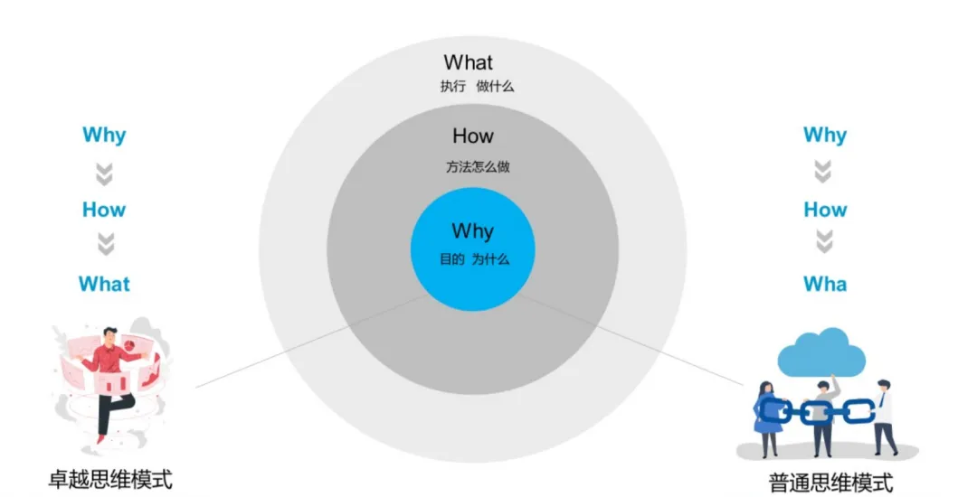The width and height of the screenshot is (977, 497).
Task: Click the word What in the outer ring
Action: click(x=469, y=62)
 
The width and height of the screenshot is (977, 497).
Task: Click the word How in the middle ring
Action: click(x=473, y=136)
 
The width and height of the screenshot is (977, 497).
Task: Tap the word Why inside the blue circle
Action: click(x=473, y=230)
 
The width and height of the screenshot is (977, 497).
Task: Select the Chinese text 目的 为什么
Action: click(x=474, y=259)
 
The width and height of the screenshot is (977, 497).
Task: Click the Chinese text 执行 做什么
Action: click(x=477, y=87)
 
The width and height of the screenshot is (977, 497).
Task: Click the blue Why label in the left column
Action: click(x=104, y=136)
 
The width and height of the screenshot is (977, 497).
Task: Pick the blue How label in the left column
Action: click(x=104, y=210)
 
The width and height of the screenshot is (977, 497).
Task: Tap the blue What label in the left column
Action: click(x=104, y=284)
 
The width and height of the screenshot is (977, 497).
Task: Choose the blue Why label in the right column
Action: click(x=825, y=136)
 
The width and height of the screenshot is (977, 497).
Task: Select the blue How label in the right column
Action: click(x=825, y=210)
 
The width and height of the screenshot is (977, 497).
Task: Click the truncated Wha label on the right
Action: click(x=825, y=284)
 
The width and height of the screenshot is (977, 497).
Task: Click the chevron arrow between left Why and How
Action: click(x=105, y=173)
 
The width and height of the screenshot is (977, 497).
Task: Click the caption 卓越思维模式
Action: click(x=110, y=477)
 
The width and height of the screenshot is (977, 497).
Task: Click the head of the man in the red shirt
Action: click(x=110, y=334)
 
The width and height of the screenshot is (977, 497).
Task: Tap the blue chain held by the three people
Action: click(x=814, y=411)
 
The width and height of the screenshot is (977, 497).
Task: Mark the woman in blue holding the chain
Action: click(x=766, y=417)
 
